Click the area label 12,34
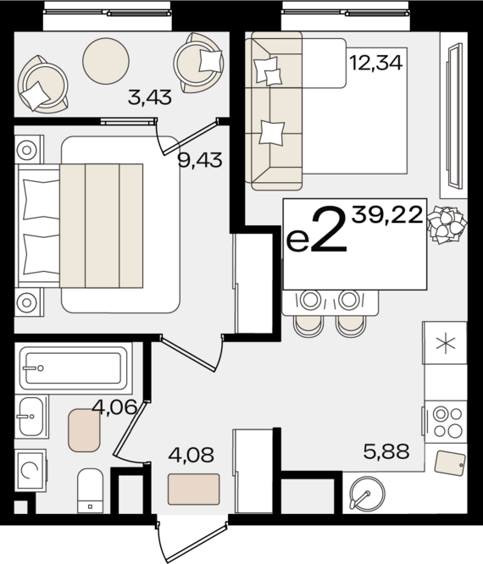(375, 61)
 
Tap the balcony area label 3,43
(149, 97)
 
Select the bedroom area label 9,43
(199, 159)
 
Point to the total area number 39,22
(387, 215)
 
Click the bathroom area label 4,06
(114, 407)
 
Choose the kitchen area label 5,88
(386, 452)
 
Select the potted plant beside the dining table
(446, 225)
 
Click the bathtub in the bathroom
(73, 367)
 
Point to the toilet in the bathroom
(90, 490)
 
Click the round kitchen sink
(366, 495)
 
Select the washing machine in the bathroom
(31, 471)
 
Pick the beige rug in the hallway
(193, 489)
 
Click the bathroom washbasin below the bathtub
(31, 416)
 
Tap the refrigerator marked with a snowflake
(445, 343)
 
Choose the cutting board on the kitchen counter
(448, 462)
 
